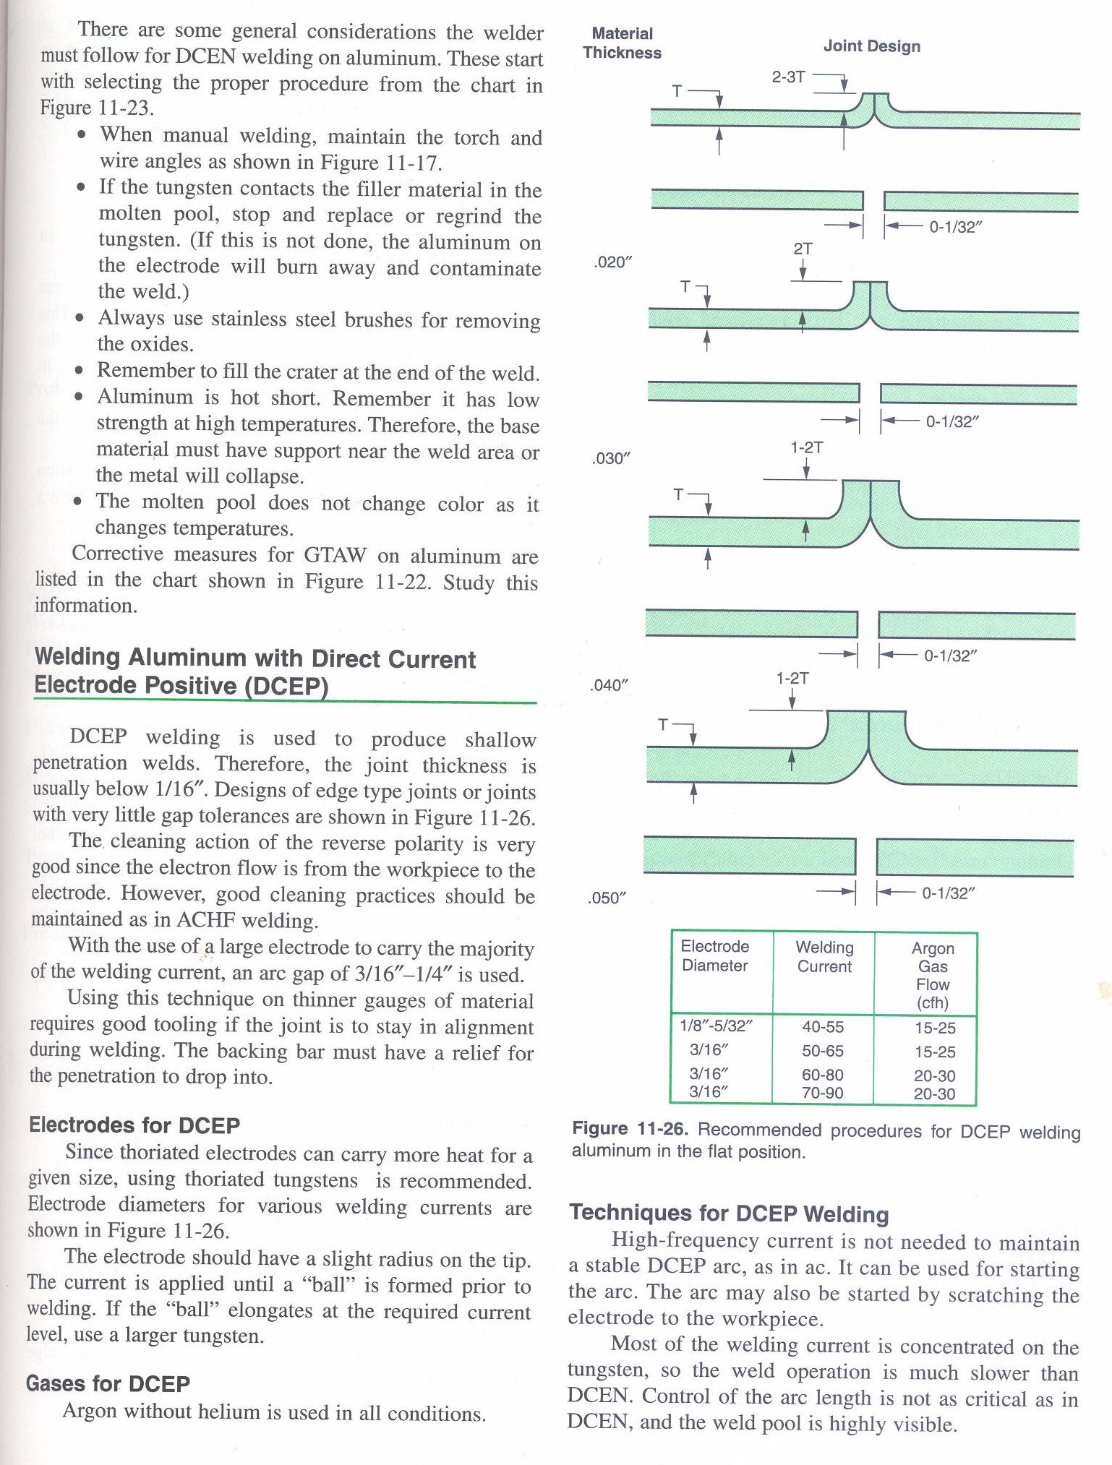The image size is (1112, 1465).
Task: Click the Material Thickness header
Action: click(622, 43)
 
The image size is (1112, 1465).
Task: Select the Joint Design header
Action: click(871, 46)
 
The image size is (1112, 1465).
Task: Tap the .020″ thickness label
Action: click(612, 262)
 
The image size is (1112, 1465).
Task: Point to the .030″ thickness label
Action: click(611, 459)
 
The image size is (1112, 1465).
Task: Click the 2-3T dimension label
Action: click(788, 77)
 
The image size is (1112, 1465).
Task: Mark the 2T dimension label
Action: click(803, 249)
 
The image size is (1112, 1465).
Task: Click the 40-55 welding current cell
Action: click(823, 1027)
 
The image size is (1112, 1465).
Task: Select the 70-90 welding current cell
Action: click(823, 1093)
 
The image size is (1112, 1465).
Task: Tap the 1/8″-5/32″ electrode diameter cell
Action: click(717, 1026)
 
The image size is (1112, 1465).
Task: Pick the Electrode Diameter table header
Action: click(715, 956)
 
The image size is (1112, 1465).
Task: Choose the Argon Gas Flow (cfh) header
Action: click(933, 975)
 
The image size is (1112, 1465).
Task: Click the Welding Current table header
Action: click(824, 957)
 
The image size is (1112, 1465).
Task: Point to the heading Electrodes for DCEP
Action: click(134, 1125)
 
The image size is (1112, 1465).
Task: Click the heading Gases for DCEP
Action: click(108, 1383)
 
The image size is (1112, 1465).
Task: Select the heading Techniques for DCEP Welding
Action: click(729, 1213)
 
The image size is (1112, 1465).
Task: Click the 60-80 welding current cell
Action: click(823, 1075)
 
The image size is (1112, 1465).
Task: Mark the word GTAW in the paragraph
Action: click(335, 555)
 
